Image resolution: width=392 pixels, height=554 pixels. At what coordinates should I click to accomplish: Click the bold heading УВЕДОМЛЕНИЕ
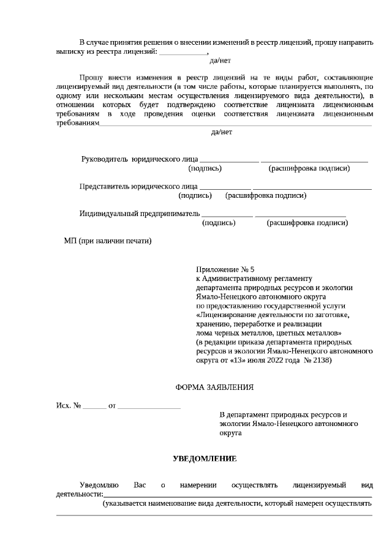click(x=205, y=459)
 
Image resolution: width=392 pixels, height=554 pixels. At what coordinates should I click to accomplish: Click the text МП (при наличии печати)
click(x=107, y=241)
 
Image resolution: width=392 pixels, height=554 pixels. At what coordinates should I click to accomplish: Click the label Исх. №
click(x=69, y=406)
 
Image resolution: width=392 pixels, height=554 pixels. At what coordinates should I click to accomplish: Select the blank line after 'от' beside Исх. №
click(x=149, y=406)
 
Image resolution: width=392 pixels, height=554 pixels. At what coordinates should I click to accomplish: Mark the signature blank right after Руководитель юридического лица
click(x=229, y=160)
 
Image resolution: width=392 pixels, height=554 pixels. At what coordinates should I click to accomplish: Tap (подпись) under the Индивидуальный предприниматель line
click(x=219, y=223)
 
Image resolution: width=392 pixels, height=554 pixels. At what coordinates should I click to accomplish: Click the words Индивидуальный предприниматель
click(x=140, y=214)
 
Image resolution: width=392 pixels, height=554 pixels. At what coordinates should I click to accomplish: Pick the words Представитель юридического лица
click(x=138, y=186)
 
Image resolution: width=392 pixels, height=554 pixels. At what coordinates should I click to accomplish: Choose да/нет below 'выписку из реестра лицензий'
click(x=220, y=61)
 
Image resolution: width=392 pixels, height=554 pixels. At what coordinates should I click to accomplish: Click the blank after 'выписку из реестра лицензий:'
click(x=183, y=53)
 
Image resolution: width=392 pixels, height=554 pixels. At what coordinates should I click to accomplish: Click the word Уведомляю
click(x=99, y=485)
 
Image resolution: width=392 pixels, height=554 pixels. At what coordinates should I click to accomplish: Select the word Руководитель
click(x=105, y=159)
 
